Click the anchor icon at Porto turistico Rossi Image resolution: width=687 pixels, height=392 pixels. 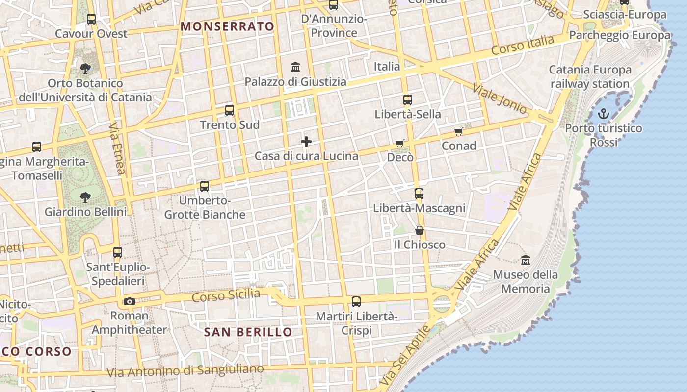603,114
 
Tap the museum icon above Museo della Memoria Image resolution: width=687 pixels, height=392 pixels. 526,260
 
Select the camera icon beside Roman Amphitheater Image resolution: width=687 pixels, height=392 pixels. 130,301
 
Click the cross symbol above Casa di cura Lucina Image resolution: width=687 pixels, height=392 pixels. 306,142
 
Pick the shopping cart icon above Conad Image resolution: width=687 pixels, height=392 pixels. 458,131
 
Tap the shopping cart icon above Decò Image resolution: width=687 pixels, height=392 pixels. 400,143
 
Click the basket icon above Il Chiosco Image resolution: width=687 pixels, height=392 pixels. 420,230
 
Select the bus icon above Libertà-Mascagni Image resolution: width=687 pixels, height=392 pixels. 419,194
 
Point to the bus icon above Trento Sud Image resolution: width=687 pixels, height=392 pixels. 230,110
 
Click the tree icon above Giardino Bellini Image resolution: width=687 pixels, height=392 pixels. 85,197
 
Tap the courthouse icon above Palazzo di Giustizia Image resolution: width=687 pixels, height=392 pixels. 295,67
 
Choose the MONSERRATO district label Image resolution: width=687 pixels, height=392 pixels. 227,26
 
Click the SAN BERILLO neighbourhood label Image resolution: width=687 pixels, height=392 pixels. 248,332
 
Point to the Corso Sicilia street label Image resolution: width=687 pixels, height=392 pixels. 226,295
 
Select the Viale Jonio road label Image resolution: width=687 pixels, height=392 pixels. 500,99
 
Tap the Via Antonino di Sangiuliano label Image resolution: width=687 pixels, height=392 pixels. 185,370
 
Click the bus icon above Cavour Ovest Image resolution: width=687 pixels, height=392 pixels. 91,19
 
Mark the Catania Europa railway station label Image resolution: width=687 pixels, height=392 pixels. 590,77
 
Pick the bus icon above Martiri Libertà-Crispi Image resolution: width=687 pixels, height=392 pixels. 356,302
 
